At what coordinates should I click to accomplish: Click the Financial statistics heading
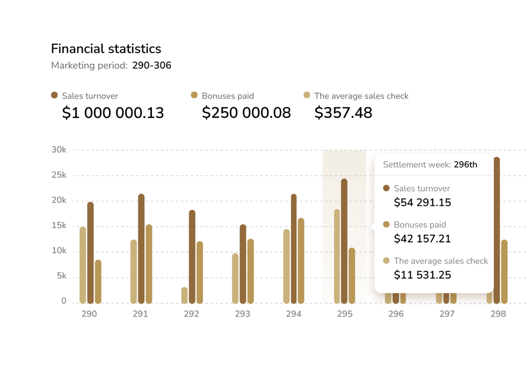[x=106, y=49]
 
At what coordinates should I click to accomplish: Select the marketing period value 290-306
[x=151, y=65]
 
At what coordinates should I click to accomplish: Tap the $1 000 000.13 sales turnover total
[x=113, y=113]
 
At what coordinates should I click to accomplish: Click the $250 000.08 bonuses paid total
[x=246, y=113]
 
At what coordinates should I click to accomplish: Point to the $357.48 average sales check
[x=343, y=113]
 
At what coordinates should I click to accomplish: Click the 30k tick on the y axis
[x=59, y=150]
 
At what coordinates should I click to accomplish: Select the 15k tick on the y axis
[x=59, y=226]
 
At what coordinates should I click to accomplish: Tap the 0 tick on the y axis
[x=64, y=301]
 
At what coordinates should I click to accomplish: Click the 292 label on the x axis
[x=191, y=314]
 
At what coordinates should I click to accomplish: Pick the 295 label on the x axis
[x=345, y=314]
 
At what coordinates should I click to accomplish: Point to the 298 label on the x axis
[x=498, y=314]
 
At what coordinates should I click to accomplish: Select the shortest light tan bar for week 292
[x=184, y=295]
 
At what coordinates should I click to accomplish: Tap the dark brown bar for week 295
[x=344, y=241]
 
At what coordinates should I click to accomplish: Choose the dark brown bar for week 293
[x=243, y=264]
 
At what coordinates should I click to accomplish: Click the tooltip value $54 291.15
[x=422, y=202]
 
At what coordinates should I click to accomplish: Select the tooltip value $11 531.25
[x=422, y=275]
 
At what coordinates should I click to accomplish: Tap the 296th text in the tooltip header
[x=465, y=165]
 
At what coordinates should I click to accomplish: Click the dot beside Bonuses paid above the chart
[x=194, y=95]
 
